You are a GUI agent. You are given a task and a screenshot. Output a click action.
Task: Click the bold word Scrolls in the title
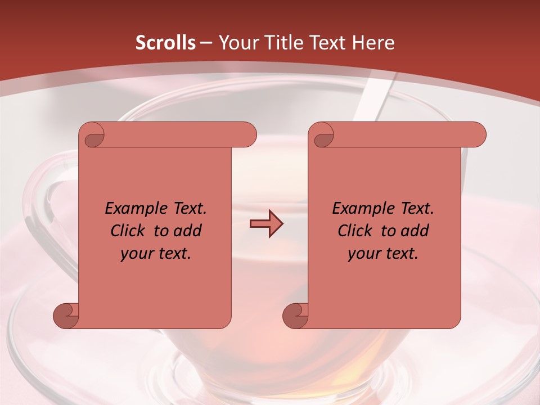pos(165,43)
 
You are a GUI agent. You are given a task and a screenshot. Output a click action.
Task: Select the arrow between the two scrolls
pos(266,224)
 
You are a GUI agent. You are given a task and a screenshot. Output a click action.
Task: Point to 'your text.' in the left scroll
pos(156,253)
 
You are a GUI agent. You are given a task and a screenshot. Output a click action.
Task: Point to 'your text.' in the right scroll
pos(383,253)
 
